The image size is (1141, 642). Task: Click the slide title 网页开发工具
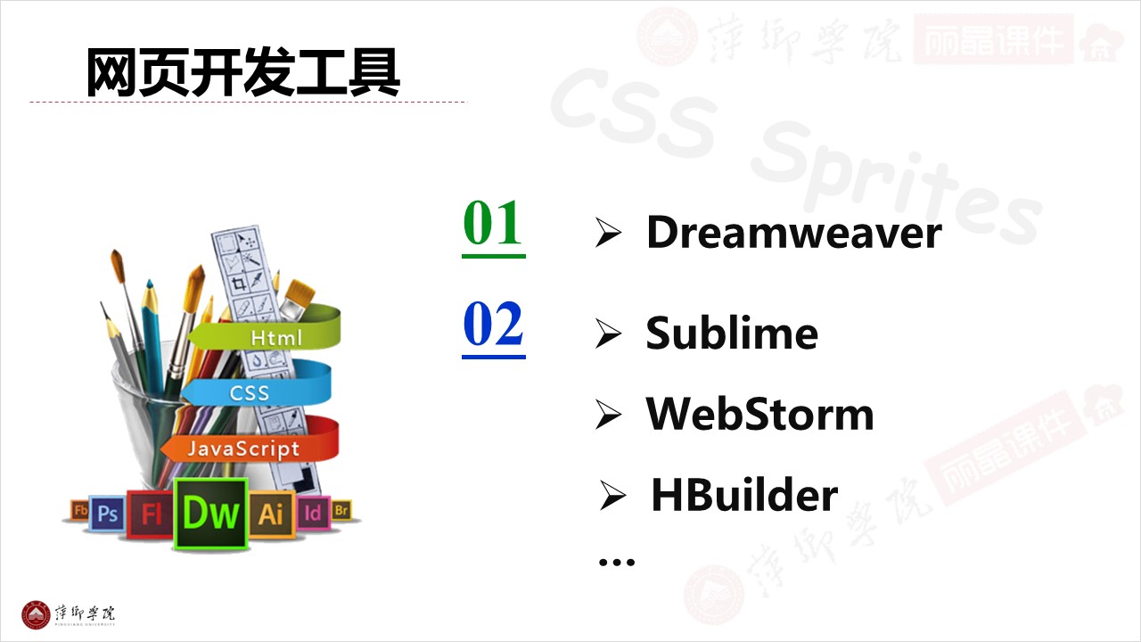click(x=242, y=73)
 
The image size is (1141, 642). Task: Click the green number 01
click(x=493, y=225)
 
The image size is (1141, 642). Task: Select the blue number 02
click(x=493, y=325)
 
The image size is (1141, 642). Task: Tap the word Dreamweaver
click(x=793, y=233)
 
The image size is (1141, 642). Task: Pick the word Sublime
click(x=732, y=333)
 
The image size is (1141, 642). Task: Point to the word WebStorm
click(x=759, y=414)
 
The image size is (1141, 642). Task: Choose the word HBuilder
click(x=744, y=495)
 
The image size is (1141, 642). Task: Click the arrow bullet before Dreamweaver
click(x=608, y=234)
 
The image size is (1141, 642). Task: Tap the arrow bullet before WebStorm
click(x=608, y=415)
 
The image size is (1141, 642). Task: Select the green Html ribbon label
click(x=276, y=338)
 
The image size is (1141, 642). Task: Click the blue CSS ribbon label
click(x=250, y=392)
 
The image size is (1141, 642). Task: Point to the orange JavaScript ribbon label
click(x=243, y=449)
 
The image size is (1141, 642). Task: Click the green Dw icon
click(x=211, y=514)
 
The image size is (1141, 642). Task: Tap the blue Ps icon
click(x=108, y=514)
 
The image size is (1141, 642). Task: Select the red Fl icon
click(x=151, y=514)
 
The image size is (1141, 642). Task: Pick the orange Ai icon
click(x=270, y=514)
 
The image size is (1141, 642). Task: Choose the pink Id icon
click(x=313, y=513)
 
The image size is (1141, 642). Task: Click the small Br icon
click(x=341, y=511)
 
